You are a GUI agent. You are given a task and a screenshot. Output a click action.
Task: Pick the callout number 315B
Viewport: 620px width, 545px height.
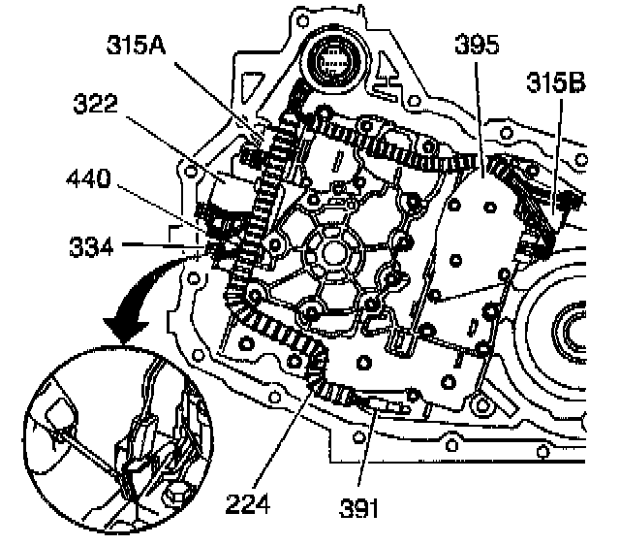(555, 85)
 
